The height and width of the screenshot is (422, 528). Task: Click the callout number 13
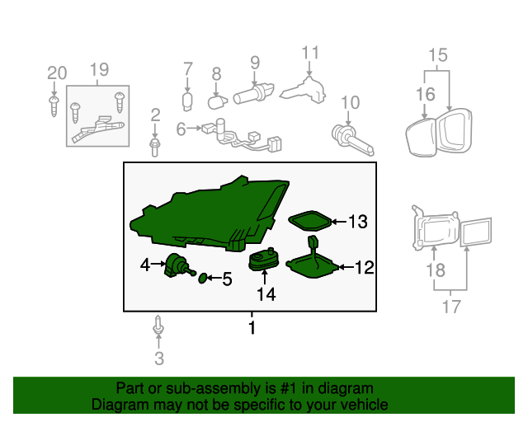click(x=357, y=222)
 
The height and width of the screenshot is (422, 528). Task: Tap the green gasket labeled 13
click(x=310, y=221)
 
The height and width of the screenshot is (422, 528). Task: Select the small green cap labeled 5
click(x=203, y=279)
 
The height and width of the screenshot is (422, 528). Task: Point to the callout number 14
click(x=266, y=294)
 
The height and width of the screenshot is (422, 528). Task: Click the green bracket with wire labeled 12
click(x=312, y=259)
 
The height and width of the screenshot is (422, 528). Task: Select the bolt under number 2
click(x=154, y=148)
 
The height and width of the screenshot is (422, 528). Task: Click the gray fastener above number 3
click(x=158, y=325)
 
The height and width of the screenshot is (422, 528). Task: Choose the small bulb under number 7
click(x=187, y=101)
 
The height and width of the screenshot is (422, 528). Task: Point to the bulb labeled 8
click(x=216, y=102)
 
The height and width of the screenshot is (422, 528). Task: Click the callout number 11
click(x=310, y=54)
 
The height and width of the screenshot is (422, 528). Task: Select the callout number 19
click(x=99, y=70)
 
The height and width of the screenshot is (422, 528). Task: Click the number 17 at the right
click(x=451, y=307)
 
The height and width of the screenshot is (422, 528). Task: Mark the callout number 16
click(x=426, y=94)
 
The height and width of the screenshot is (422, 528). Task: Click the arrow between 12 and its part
click(x=346, y=267)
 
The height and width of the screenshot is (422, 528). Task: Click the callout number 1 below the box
click(x=252, y=327)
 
